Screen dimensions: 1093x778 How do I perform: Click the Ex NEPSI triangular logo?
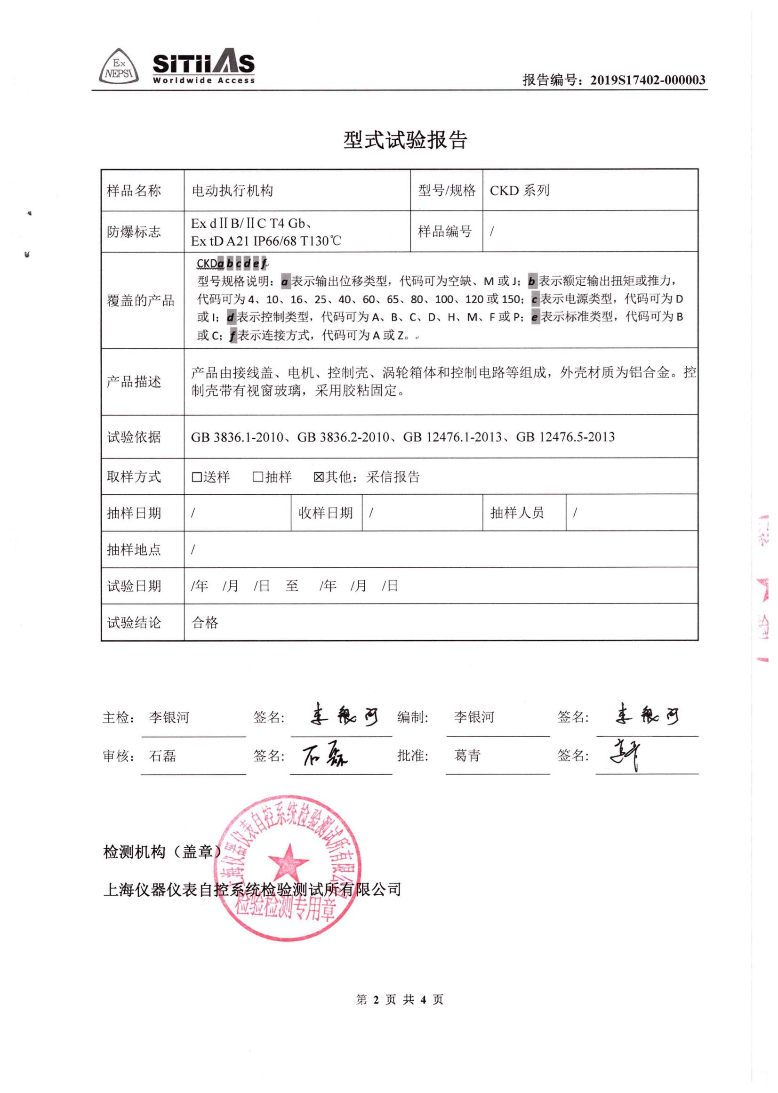tap(119, 68)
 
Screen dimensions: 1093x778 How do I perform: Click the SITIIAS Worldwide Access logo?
tap(204, 67)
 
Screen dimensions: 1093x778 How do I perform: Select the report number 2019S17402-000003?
tap(647, 80)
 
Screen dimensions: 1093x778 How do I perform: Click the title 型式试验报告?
tap(405, 140)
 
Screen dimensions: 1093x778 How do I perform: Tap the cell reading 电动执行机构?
tap(233, 191)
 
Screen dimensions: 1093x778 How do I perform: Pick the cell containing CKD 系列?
tap(519, 191)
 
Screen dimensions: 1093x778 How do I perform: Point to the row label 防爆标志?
tap(134, 232)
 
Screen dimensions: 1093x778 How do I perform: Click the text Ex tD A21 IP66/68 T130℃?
tap(266, 241)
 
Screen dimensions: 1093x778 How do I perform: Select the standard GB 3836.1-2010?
tap(237, 437)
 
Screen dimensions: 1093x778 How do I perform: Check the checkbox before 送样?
tap(196, 477)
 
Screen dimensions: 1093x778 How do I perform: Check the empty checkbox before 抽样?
tap(258, 477)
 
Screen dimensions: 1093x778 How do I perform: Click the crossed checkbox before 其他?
tap(319, 477)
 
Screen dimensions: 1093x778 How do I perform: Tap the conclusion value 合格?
tap(205, 622)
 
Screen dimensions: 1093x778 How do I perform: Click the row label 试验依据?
tap(134, 437)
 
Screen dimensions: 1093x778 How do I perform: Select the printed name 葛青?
tap(467, 755)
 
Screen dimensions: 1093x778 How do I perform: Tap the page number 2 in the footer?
tap(376, 999)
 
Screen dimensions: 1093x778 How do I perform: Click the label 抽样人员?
tap(517, 513)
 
